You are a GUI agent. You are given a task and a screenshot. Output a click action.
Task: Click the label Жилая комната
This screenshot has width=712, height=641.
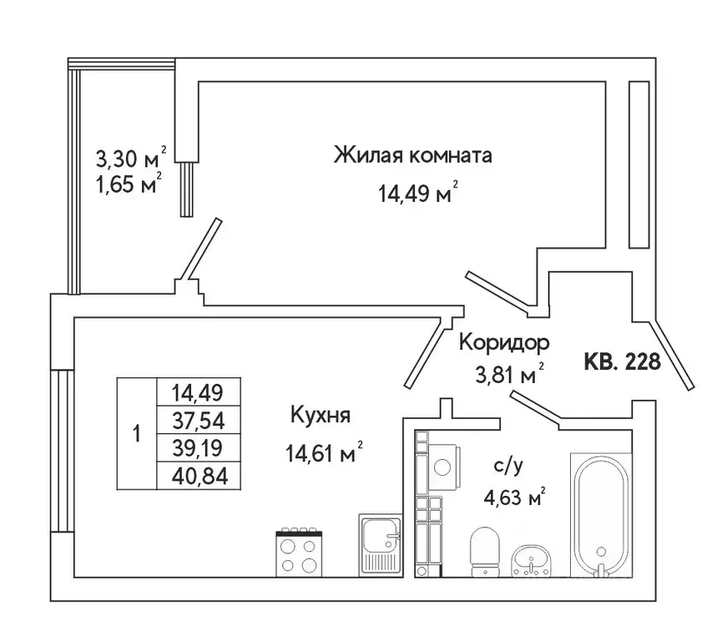tap(412, 155)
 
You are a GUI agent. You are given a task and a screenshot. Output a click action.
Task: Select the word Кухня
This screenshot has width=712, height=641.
tap(320, 414)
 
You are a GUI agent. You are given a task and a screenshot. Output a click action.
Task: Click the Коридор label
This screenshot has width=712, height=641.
tap(503, 341)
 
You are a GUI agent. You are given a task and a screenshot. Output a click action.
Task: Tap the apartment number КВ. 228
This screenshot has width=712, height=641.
tap(623, 361)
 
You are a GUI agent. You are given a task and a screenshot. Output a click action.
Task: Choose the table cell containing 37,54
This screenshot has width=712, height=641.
tap(199, 419)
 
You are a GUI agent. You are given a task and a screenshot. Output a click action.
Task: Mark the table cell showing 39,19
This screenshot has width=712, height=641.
tap(199, 447)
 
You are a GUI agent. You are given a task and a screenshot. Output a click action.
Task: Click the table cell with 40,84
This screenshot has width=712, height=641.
tap(199, 476)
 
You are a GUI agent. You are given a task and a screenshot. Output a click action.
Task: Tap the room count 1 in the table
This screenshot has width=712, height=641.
tap(136, 433)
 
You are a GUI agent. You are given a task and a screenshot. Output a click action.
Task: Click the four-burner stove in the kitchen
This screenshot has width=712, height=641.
tap(297, 551)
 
